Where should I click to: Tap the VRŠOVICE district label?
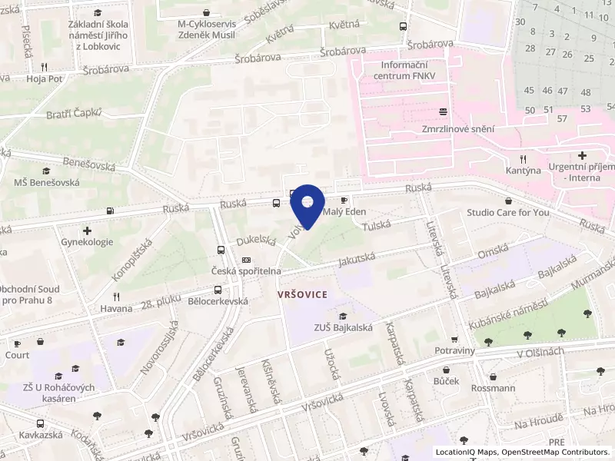click(303, 294)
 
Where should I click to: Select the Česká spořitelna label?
click(246, 271)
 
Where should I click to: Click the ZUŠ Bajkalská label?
click(343, 327)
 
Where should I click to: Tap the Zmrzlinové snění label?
click(457, 130)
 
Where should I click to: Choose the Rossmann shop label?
click(492, 388)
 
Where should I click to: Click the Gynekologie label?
click(87, 242)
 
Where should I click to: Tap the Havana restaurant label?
click(116, 309)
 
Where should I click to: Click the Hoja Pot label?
click(44, 78)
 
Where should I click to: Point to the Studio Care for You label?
click(508, 212)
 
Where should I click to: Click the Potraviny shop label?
click(454, 350)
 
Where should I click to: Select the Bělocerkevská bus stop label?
click(218, 301)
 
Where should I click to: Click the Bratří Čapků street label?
click(72, 114)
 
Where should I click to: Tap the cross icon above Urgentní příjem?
click(582, 155)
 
